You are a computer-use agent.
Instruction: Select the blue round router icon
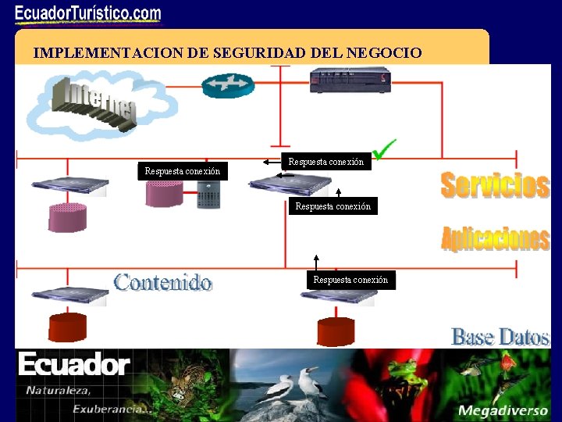coord(228,84)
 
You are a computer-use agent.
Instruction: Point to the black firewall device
coord(350,80)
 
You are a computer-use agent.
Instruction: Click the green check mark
coord(383,148)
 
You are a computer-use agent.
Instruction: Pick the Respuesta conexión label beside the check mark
coord(325,163)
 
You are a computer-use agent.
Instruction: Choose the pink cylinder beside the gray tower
coord(164,194)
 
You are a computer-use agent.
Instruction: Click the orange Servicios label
coord(495,185)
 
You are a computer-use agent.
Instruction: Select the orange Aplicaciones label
coord(495,238)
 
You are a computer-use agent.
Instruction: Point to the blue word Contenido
coord(162,281)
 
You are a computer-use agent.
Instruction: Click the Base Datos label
coord(500,337)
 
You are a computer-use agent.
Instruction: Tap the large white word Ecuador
coord(74,364)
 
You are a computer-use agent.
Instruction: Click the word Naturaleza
coord(58,390)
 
